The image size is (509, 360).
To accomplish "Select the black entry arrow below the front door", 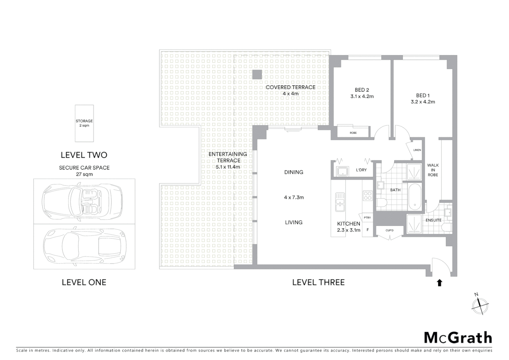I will (x=439, y=283).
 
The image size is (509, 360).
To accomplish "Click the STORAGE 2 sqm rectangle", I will (x=84, y=123).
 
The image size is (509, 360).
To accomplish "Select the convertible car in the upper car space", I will (x=82, y=201).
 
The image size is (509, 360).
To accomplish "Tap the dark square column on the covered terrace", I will (x=257, y=75).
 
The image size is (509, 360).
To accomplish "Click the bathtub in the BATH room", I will (x=415, y=196).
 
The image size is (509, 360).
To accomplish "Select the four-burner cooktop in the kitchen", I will (x=367, y=196).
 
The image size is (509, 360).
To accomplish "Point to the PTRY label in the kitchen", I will (x=367, y=218).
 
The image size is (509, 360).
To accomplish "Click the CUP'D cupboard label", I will (x=389, y=230).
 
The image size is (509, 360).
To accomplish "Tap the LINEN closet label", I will (x=417, y=150).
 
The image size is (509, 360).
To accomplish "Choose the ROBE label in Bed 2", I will (x=353, y=133).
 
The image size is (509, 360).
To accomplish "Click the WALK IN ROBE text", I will (x=433, y=170).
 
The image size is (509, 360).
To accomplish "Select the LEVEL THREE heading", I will (x=318, y=282).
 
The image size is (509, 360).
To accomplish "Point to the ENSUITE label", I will (x=433, y=220).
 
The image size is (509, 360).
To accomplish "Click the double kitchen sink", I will (x=340, y=202).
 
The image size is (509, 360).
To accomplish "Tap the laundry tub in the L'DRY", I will (x=342, y=172).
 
